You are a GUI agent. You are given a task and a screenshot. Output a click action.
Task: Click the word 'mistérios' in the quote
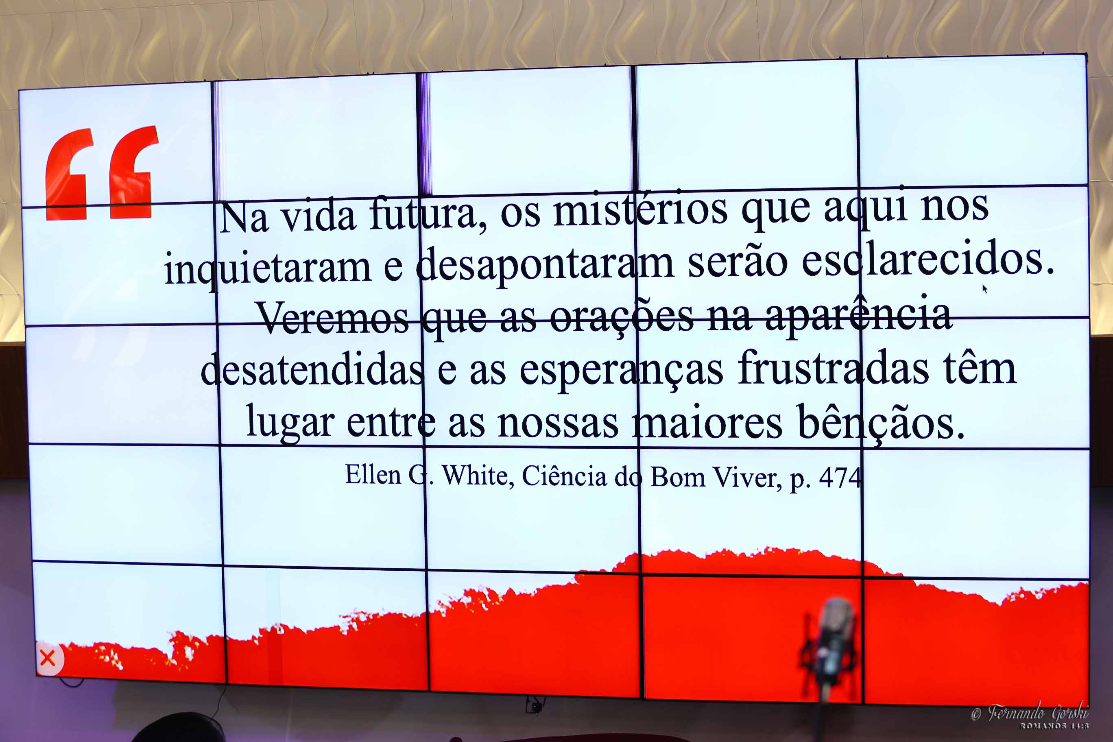(640, 210)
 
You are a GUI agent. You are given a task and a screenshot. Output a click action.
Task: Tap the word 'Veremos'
(332, 318)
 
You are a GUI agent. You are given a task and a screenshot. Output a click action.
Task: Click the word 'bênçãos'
(881, 423)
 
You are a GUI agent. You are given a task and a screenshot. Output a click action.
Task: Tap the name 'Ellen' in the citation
(373, 475)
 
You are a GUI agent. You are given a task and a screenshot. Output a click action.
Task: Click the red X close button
(48, 658)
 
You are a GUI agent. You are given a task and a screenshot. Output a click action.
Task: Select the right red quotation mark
(133, 172)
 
